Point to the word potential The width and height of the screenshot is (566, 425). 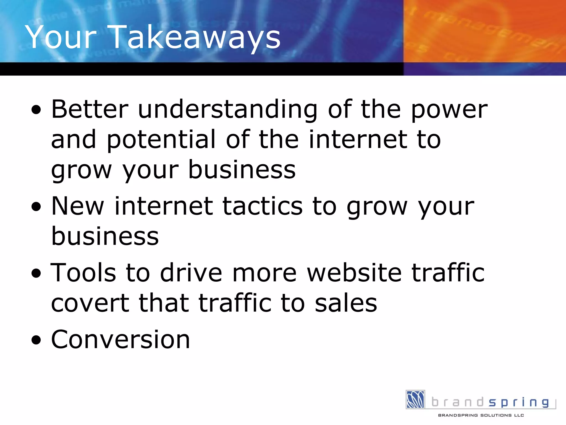coord(161,140)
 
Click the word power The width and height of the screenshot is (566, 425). coord(449,110)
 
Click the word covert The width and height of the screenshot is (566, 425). coord(90,303)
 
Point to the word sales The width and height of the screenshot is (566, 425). coord(346,303)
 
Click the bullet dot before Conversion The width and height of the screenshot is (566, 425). coord(36,340)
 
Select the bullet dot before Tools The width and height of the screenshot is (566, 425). coord(36,274)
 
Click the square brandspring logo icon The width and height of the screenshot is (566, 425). coord(415,399)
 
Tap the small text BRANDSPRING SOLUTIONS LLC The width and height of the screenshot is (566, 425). coord(481,415)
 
